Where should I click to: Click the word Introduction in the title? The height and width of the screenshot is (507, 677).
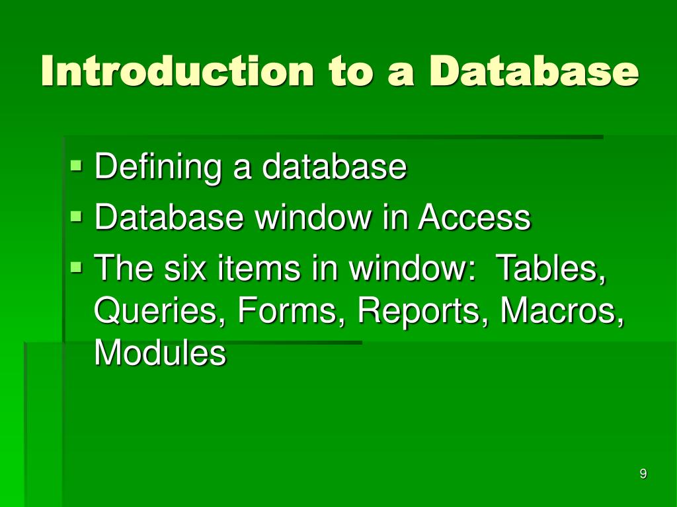[x=177, y=71]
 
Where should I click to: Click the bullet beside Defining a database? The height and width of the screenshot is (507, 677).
[x=77, y=163]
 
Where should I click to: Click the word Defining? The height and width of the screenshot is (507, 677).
[x=158, y=167]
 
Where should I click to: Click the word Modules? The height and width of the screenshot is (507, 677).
[x=160, y=353]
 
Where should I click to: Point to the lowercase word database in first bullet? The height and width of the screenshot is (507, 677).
[x=334, y=167]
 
